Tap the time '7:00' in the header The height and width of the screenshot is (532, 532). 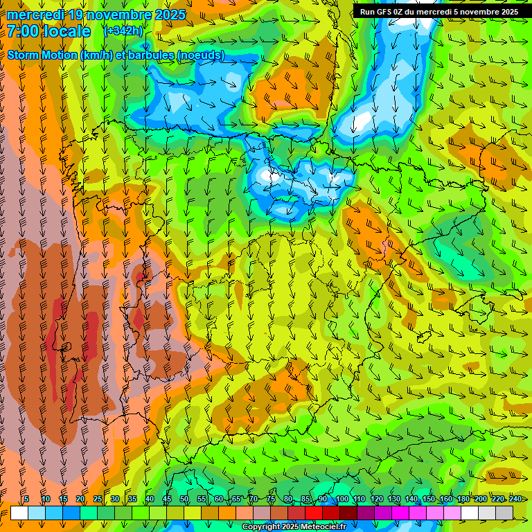tap(26, 31)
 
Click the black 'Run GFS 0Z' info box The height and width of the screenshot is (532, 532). tap(438, 12)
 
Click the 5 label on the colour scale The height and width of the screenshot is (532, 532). tap(26, 499)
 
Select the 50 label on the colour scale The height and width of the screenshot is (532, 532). tap(184, 499)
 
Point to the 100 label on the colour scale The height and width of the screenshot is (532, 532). tap(342, 499)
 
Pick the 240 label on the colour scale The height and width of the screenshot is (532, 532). tap(515, 499)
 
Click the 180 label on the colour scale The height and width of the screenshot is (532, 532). tap(463, 499)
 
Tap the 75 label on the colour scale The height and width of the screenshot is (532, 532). tap(271, 499)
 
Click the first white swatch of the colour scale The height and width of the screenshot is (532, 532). tap(19, 513)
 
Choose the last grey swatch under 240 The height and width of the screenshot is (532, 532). tap(504, 513)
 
